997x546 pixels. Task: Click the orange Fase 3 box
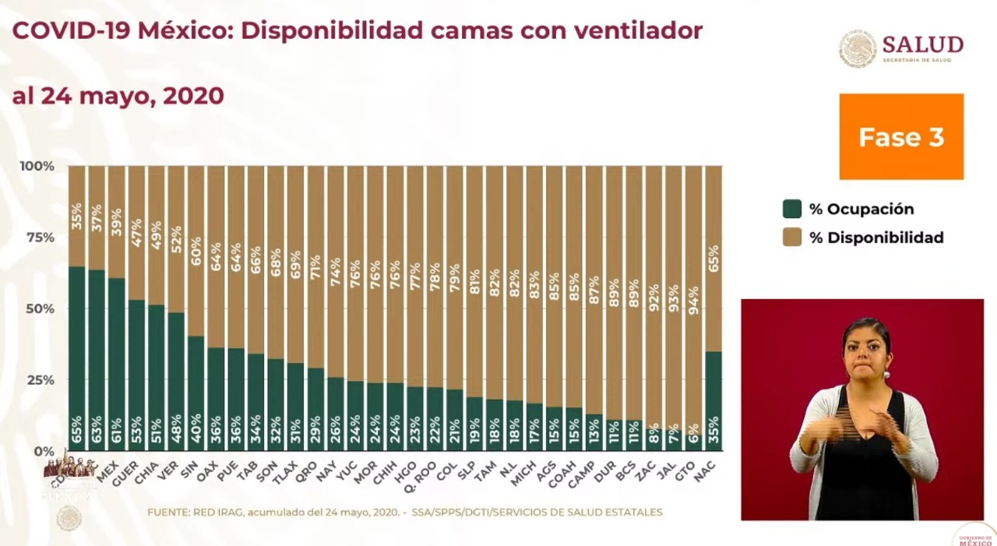[x=901, y=136]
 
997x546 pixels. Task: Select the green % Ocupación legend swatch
[x=791, y=209]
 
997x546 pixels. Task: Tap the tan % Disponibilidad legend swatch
[x=791, y=238]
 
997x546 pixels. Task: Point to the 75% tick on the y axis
[x=37, y=238]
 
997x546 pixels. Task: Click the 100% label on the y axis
[x=37, y=166]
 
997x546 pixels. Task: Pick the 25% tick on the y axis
[x=37, y=380]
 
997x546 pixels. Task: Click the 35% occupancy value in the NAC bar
[x=713, y=431]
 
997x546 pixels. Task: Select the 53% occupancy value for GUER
[x=136, y=431]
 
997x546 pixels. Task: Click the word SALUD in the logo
[x=923, y=44]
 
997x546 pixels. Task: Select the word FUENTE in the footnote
[x=169, y=512]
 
